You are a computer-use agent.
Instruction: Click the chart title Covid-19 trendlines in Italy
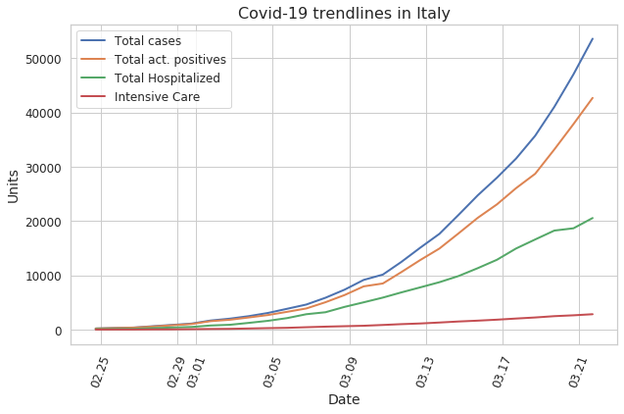pos(344,13)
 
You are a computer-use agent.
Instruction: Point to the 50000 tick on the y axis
pos(43,60)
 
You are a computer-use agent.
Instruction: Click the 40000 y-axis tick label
pos(43,114)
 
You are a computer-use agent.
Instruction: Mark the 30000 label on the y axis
pos(43,168)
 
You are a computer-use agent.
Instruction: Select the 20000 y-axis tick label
pos(43,222)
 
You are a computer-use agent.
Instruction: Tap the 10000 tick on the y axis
pos(43,276)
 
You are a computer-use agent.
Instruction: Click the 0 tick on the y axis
pos(58,331)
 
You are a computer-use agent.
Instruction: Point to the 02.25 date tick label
pos(100,373)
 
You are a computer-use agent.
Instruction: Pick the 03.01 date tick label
pos(195,373)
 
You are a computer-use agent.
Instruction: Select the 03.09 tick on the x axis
pos(348,373)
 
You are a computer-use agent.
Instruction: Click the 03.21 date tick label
pos(577,373)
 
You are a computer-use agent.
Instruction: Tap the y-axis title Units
pos(13,186)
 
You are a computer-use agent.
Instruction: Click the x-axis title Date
pos(344,399)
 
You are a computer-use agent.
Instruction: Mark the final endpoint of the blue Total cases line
pos(593,38)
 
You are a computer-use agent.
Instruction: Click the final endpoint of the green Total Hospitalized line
pos(593,218)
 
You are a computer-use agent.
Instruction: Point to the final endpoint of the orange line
pos(593,98)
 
